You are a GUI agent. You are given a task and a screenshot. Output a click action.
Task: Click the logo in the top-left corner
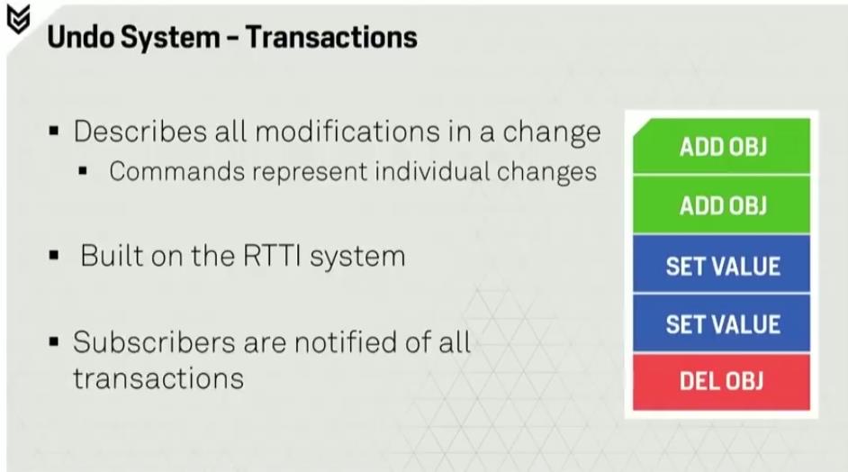(18, 20)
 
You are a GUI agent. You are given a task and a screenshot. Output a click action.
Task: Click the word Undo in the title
(79, 37)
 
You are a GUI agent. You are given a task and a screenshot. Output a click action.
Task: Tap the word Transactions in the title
(331, 37)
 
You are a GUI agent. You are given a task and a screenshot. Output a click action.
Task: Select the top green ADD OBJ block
(722, 146)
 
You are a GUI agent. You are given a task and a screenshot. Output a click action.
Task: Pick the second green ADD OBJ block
(722, 205)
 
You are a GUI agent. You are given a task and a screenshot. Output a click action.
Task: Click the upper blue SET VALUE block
(722, 265)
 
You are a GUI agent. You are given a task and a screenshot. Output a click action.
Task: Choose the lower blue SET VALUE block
(722, 323)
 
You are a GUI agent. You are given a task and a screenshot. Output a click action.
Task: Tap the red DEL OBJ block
(722, 382)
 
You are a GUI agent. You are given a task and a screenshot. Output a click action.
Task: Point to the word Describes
(140, 132)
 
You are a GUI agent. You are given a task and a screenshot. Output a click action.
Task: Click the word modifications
(347, 132)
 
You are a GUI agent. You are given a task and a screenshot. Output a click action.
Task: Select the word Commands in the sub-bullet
(176, 171)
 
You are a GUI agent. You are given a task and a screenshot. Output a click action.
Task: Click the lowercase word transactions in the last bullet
(158, 378)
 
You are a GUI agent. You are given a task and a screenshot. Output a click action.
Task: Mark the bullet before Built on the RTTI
(53, 255)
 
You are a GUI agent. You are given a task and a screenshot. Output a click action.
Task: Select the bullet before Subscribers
(53, 342)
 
